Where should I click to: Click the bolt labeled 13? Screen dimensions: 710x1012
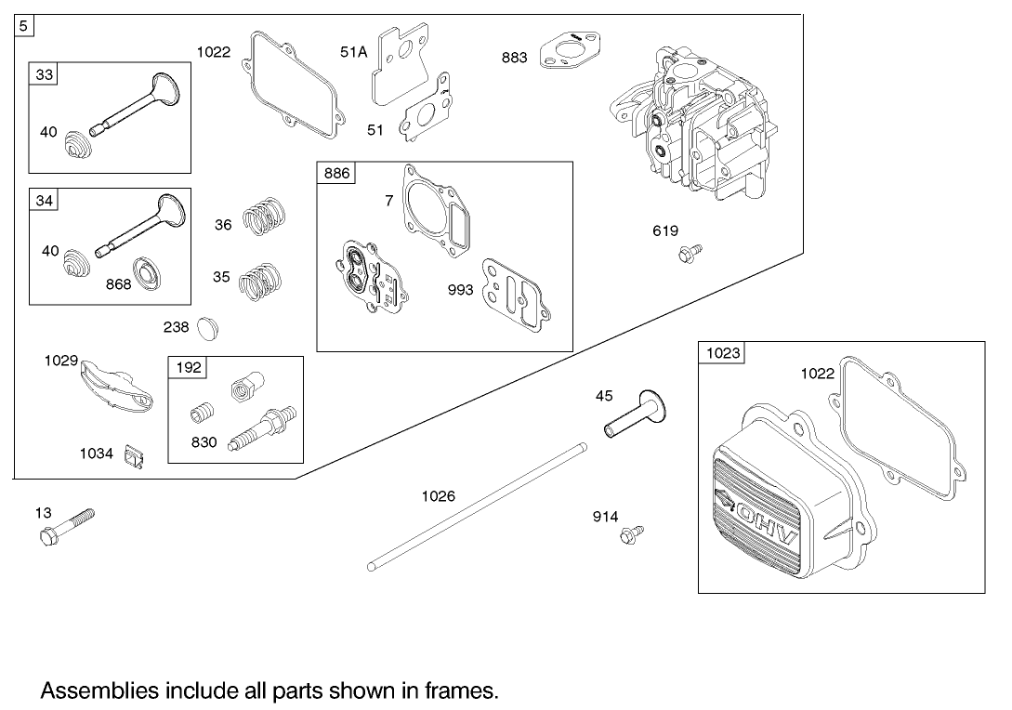click(x=67, y=526)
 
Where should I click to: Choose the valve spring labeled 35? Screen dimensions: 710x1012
click(x=260, y=280)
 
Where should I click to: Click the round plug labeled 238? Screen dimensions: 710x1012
click(x=211, y=327)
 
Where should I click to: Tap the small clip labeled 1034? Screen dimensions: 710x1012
click(x=136, y=457)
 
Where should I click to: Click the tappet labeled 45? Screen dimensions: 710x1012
click(x=637, y=417)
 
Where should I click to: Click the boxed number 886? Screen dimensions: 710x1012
click(x=336, y=174)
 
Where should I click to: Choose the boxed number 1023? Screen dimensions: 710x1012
click(x=722, y=353)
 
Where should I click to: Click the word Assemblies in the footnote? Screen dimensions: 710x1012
click(x=98, y=691)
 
